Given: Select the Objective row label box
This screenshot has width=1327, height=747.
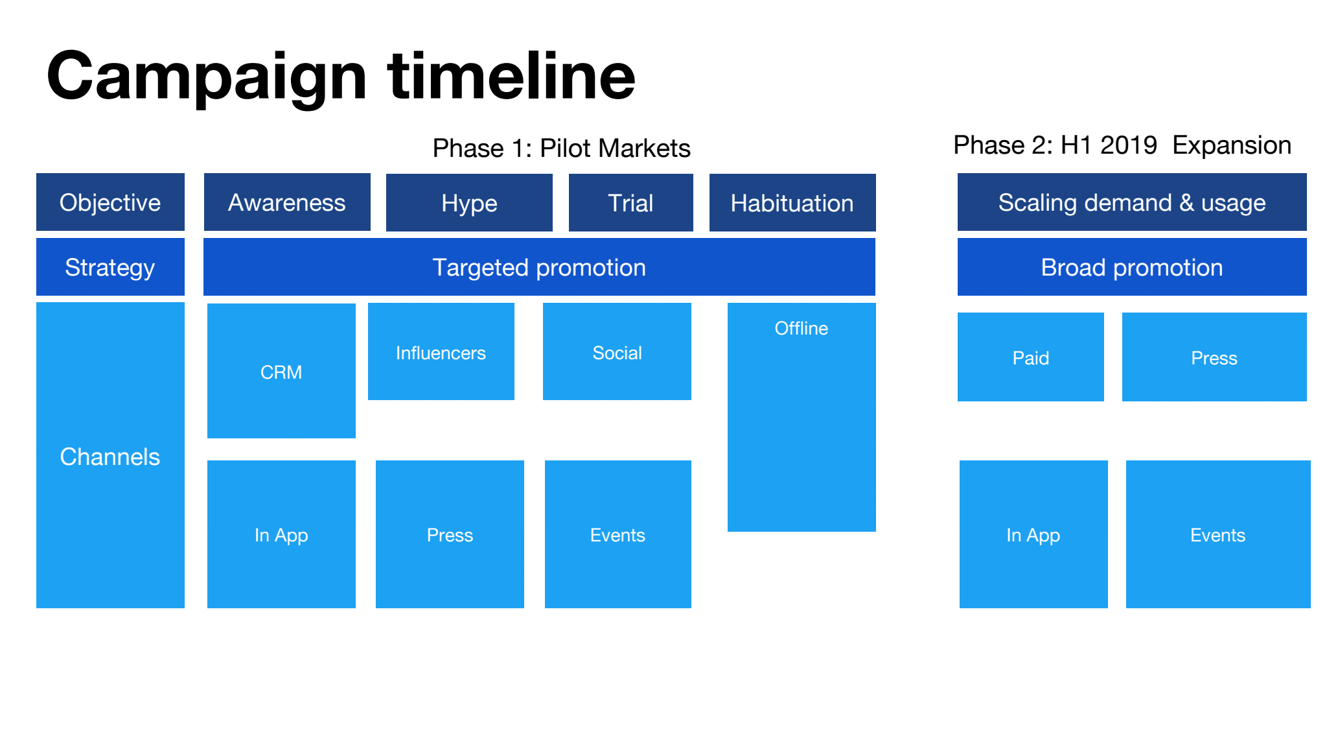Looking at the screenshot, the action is [110, 202].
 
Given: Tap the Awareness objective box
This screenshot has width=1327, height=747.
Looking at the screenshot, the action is [287, 202].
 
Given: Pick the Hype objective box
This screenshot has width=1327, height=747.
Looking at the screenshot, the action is [469, 202].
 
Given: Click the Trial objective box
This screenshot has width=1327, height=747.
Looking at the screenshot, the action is [631, 202].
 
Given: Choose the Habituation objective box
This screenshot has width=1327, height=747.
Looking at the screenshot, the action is [792, 202].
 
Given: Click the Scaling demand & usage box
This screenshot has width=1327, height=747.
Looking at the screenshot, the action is [1132, 202].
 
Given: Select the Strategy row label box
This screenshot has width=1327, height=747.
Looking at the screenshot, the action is [110, 267].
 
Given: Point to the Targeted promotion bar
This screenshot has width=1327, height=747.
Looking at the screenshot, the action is [539, 267].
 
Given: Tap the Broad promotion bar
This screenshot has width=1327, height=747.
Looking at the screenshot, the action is [1132, 267].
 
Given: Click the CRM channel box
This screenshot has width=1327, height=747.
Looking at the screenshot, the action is [281, 371].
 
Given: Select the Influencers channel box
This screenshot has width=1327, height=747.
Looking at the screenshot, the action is [441, 351].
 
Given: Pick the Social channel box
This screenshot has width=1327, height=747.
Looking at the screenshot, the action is [617, 351].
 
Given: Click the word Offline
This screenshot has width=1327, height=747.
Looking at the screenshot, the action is [802, 328].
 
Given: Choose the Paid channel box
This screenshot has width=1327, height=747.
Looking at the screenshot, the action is [1031, 357].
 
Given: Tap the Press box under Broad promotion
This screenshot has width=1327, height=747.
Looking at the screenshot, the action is [1214, 357].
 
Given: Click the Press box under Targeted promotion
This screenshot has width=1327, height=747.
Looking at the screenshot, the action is [450, 534].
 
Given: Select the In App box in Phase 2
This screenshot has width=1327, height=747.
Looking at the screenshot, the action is [1033, 534].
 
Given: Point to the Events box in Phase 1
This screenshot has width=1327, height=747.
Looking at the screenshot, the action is [618, 534].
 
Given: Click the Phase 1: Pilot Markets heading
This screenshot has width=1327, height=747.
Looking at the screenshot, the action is [561, 148].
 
